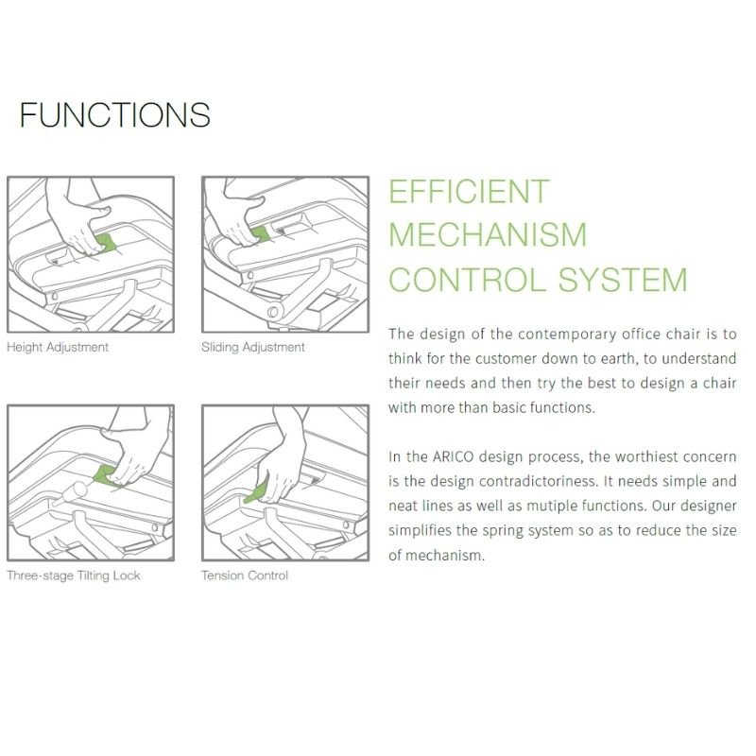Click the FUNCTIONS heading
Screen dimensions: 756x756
pos(114,114)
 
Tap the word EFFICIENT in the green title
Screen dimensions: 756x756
pos(469,192)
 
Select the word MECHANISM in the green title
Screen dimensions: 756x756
pos(488,234)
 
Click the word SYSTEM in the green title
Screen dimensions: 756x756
pos(623,279)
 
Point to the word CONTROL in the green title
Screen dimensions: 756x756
pos(469,279)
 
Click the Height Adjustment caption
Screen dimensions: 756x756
pos(58,347)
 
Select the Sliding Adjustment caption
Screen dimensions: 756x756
pos(253,347)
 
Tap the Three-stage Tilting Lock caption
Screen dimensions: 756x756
pos(74,576)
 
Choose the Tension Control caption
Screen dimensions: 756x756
pos(245,576)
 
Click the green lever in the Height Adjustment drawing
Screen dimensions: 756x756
pos(106,243)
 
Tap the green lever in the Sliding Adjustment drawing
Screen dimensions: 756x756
pos(261,233)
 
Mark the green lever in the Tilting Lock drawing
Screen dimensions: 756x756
pos(103,474)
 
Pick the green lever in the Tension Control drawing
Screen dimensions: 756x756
pos(256,492)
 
